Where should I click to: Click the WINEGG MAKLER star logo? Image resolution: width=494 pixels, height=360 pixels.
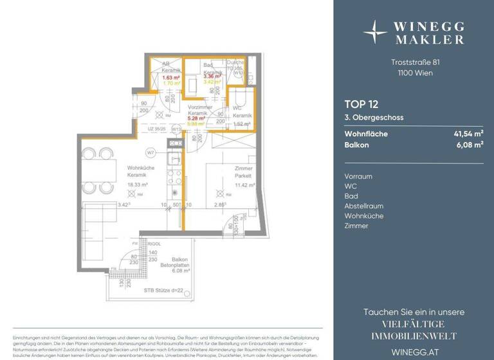375,31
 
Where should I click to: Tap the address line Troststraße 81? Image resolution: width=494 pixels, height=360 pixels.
414,62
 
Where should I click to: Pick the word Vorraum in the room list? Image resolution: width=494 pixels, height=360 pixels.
358,176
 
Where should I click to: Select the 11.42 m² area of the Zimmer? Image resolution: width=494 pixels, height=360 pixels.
244,185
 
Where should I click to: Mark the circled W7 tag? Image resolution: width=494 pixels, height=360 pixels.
150,152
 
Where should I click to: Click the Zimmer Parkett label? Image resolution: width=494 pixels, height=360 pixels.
243,171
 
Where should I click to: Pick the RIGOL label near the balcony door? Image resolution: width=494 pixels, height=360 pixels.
154,244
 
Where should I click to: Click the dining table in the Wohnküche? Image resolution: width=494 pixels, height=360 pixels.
97,170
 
